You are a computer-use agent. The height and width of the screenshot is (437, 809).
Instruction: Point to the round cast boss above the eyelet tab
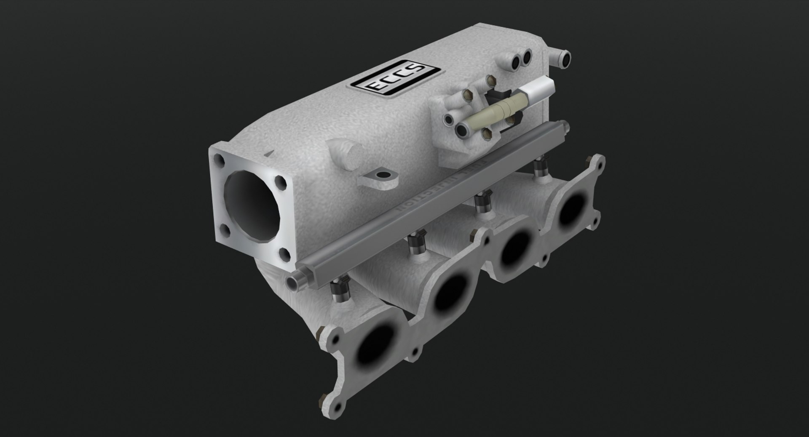(x=346, y=154)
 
